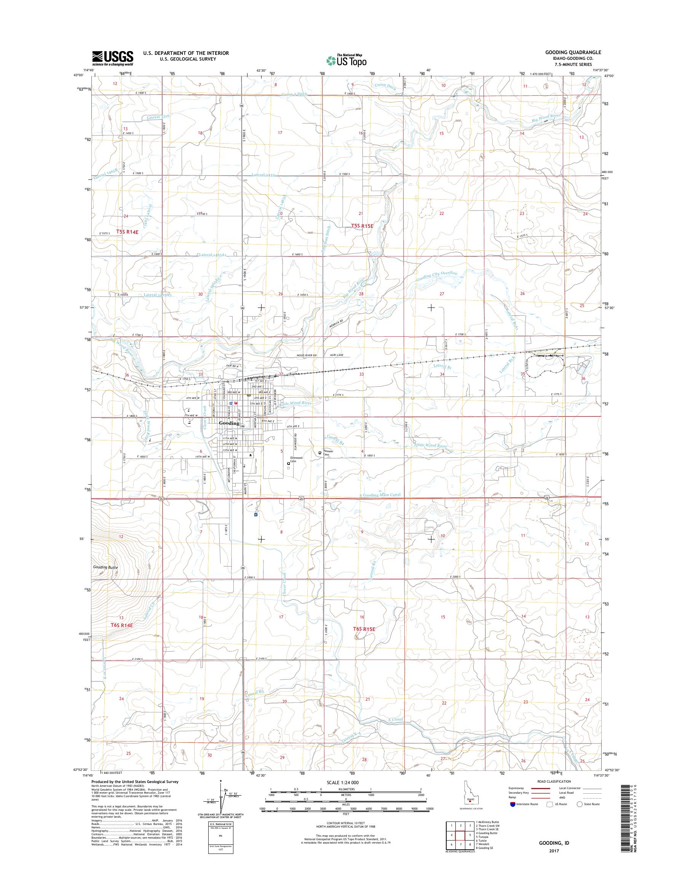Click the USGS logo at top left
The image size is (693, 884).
[113, 58]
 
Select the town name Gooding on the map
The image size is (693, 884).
[229, 423]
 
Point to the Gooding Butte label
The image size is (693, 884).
[105, 567]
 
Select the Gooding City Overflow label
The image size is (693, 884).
[437, 279]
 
